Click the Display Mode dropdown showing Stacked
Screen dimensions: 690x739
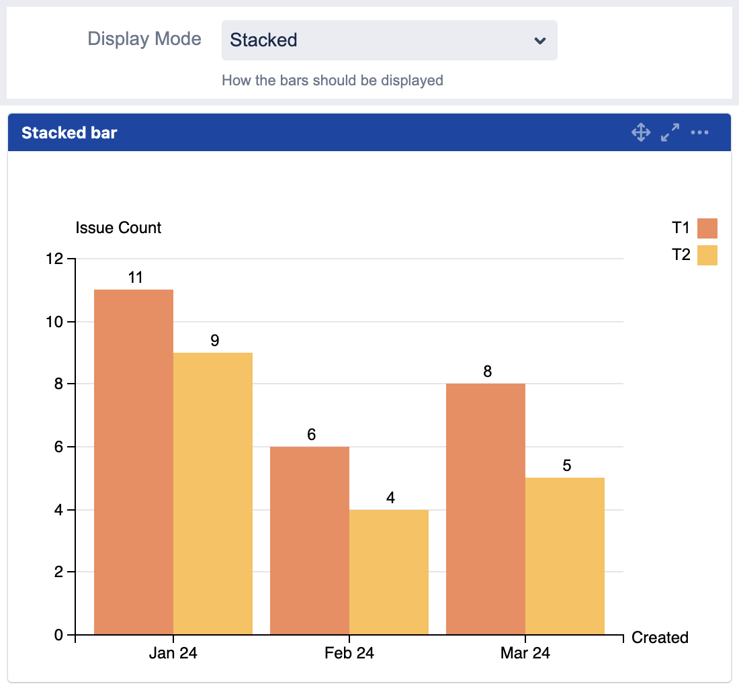coord(389,40)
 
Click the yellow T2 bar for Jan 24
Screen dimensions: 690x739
coord(213,493)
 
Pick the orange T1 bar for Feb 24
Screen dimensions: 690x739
coord(310,540)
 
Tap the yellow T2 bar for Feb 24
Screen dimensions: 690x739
coord(389,572)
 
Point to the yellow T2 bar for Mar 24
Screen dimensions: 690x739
coord(565,556)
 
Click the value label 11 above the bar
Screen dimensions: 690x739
coord(136,277)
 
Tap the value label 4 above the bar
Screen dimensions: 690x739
coord(390,498)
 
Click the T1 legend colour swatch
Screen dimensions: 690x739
coord(707,228)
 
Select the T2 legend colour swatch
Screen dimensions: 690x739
coord(707,255)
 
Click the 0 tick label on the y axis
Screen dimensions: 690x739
coord(58,635)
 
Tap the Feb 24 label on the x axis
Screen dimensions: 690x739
coord(349,653)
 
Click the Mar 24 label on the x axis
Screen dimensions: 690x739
coord(525,653)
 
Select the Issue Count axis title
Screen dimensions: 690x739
coord(118,228)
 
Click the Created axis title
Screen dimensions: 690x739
coord(660,638)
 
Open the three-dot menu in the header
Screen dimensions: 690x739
coord(700,132)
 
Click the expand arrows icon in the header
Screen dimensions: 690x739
coord(670,132)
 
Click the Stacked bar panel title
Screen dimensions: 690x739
coord(69,133)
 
